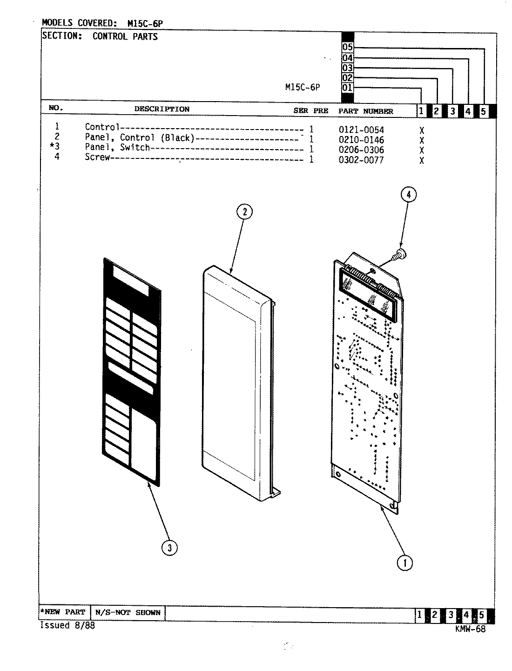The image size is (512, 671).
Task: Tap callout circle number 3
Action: click(169, 548)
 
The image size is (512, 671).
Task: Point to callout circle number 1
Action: click(404, 563)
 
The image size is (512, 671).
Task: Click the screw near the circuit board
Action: click(398, 254)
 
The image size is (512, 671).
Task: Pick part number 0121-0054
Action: click(361, 130)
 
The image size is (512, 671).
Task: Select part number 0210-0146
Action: click(361, 140)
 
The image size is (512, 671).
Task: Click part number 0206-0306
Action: click(361, 150)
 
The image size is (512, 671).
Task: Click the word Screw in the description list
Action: click(97, 157)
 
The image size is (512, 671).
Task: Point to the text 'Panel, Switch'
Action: click(117, 147)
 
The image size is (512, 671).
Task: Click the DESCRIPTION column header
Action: click(162, 109)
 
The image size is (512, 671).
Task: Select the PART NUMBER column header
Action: click(365, 111)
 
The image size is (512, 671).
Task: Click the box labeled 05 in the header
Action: click(348, 47)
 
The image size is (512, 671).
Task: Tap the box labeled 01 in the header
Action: click(348, 88)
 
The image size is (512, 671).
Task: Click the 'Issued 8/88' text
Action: click(68, 626)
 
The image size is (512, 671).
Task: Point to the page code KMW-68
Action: click(471, 629)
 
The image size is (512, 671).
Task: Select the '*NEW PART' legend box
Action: click(63, 612)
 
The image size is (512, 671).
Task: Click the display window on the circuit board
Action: click(366, 292)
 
